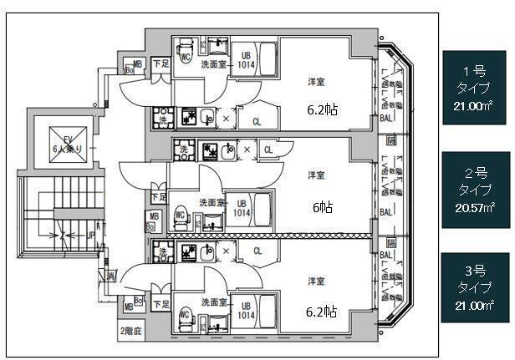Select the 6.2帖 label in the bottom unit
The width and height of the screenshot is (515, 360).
(320, 312)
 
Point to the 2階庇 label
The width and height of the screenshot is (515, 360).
(130, 330)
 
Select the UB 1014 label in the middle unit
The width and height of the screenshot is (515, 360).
(242, 208)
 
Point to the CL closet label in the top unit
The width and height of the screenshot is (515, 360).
(257, 122)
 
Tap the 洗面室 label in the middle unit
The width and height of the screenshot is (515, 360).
(212, 202)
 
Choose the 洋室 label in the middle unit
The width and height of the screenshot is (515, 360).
(316, 175)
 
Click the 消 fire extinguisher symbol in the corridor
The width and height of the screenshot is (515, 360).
(110, 276)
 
